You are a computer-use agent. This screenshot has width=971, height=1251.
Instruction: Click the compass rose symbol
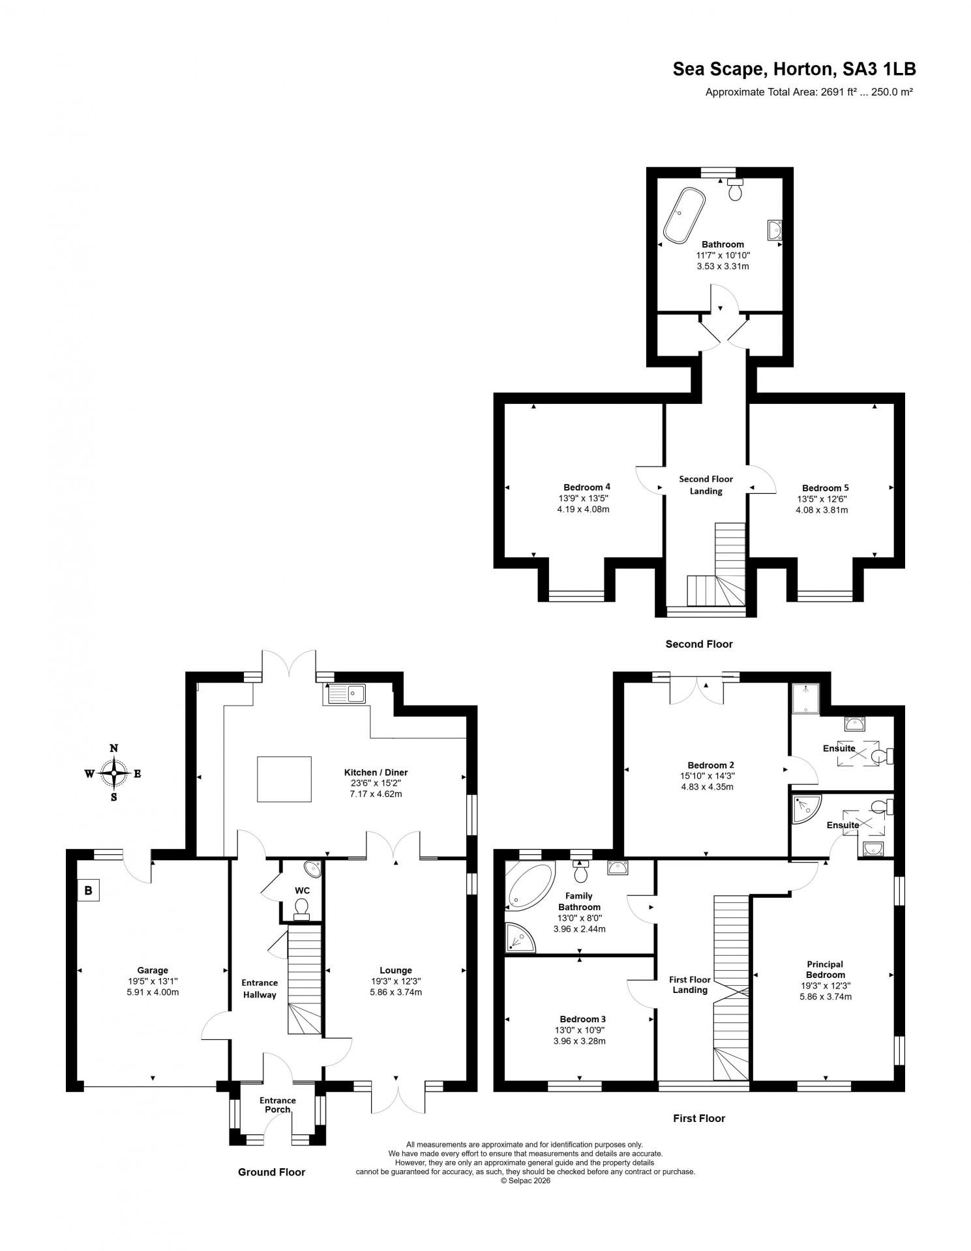[x=113, y=773]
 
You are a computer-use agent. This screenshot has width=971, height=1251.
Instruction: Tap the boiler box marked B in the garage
[x=89, y=890]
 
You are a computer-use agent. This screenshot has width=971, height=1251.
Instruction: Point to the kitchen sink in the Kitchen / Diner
[x=347, y=694]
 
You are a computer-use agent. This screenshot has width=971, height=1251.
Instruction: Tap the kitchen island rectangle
[x=284, y=779]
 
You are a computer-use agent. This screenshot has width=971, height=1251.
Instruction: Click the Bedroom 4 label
[x=586, y=487]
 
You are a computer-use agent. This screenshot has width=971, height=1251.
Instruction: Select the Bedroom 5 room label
[x=825, y=487]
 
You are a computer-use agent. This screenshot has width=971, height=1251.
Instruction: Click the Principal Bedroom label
[x=824, y=969]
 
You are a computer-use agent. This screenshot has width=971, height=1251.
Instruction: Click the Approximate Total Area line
[x=809, y=93]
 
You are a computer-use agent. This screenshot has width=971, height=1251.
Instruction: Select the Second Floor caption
[x=698, y=644]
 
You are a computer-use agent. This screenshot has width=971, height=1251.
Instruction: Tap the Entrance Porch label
[x=277, y=1105]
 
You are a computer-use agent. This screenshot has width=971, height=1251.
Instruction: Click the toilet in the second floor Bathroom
[x=736, y=190]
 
